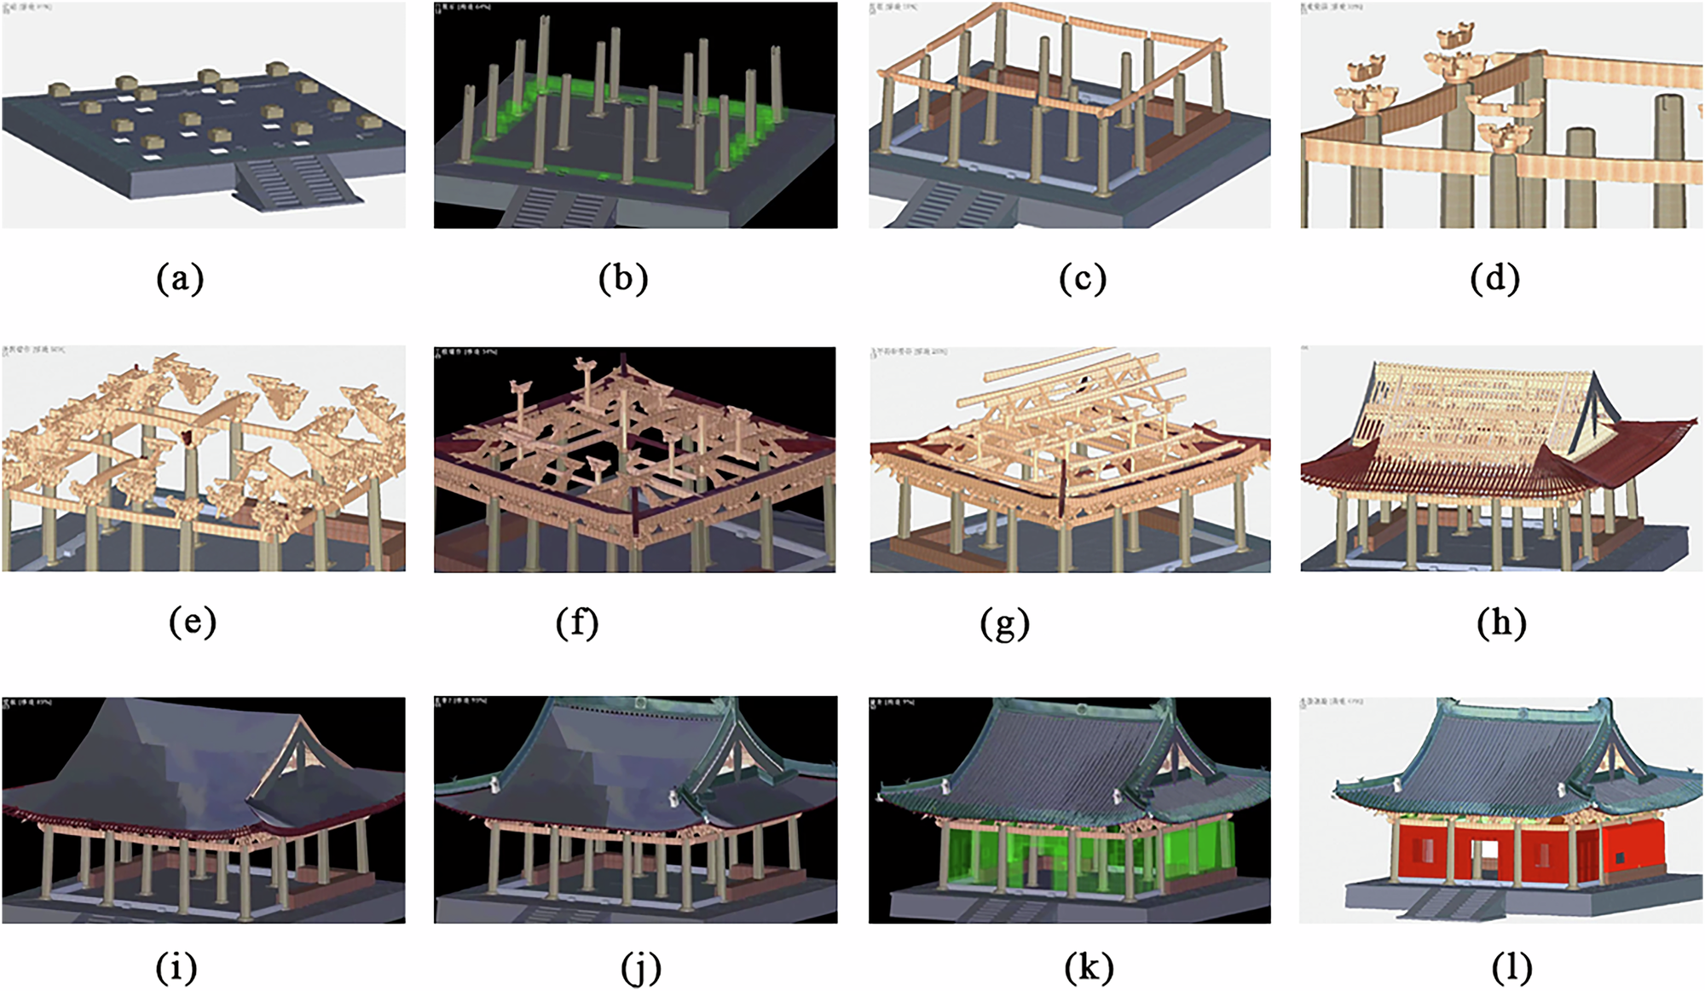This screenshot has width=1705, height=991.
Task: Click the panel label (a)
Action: [x=180, y=278]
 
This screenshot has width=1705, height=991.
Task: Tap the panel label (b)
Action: [x=623, y=278]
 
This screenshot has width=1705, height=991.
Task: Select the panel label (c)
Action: [x=1083, y=278]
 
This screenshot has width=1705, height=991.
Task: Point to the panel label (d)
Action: [x=1494, y=278]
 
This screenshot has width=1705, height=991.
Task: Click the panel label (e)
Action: [x=193, y=622]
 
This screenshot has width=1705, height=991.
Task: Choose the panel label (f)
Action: [x=577, y=622]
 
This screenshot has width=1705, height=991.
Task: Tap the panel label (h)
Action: [x=1501, y=622]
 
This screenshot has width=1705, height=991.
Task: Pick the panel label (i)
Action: [x=176, y=967]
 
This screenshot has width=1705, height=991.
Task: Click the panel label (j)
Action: [x=640, y=967]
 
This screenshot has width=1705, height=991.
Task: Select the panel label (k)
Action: [x=1089, y=967]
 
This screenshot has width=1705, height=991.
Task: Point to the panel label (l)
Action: [x=1511, y=967]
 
